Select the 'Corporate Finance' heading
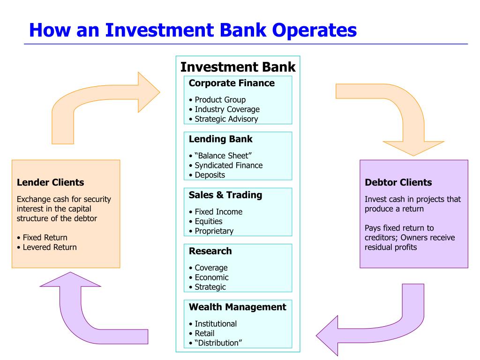point(232,83)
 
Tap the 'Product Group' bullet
point(220,100)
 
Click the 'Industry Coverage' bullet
point(227,109)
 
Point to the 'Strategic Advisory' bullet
point(226,119)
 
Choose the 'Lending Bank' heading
point(220,139)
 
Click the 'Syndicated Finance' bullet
point(228,165)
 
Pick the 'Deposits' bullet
point(210,175)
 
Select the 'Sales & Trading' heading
point(225,195)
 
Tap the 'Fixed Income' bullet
point(218,212)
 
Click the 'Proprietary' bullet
point(214,231)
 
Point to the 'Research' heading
point(210,251)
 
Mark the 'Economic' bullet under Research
point(211,277)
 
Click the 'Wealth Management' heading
point(237,307)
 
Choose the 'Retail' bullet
point(204,333)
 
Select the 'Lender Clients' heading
point(50,182)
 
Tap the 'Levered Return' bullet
point(49,247)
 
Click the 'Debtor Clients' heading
point(398,182)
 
